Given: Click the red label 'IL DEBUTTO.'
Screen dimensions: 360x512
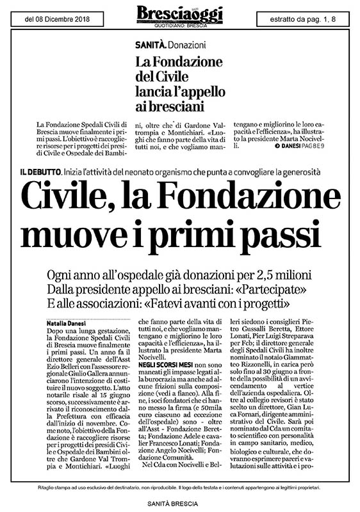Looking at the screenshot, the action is pos(40,172).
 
